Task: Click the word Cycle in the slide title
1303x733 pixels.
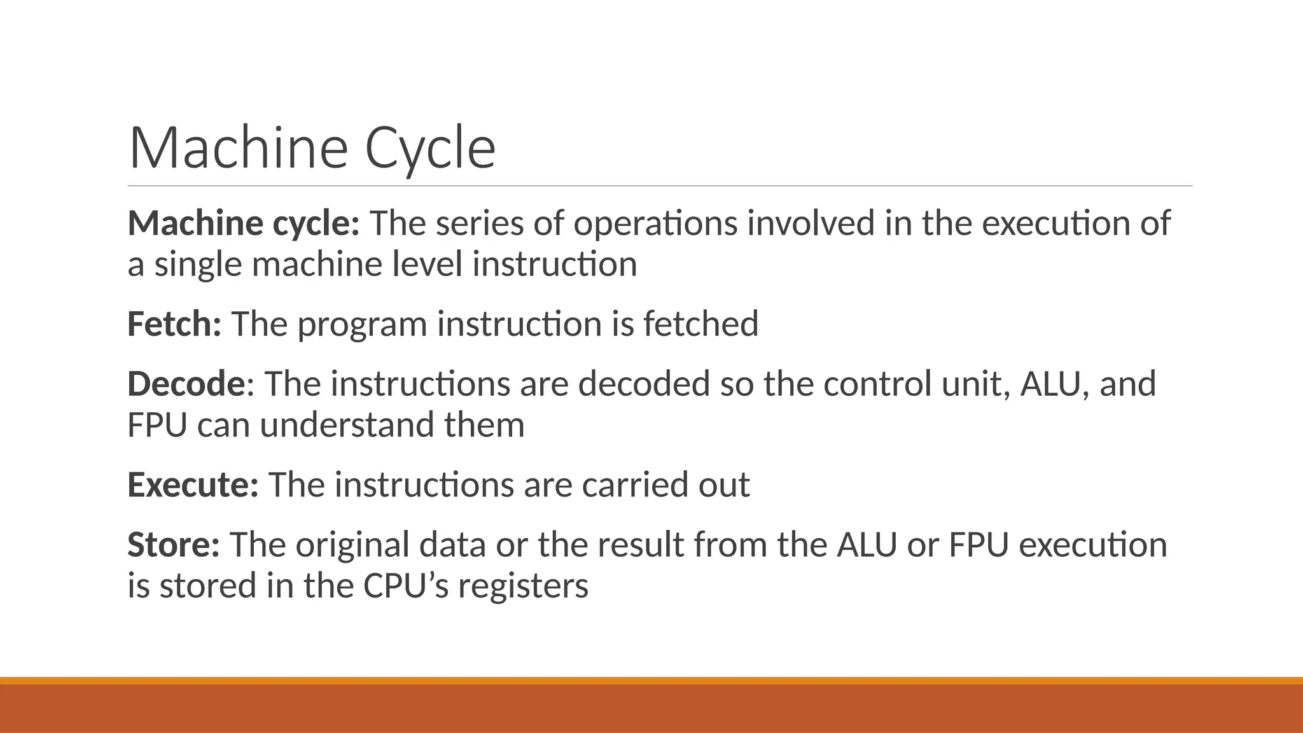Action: click(x=430, y=148)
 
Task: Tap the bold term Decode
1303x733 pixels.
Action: click(x=186, y=384)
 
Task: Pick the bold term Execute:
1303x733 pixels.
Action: click(x=193, y=484)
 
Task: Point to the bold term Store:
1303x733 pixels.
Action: click(x=174, y=545)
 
